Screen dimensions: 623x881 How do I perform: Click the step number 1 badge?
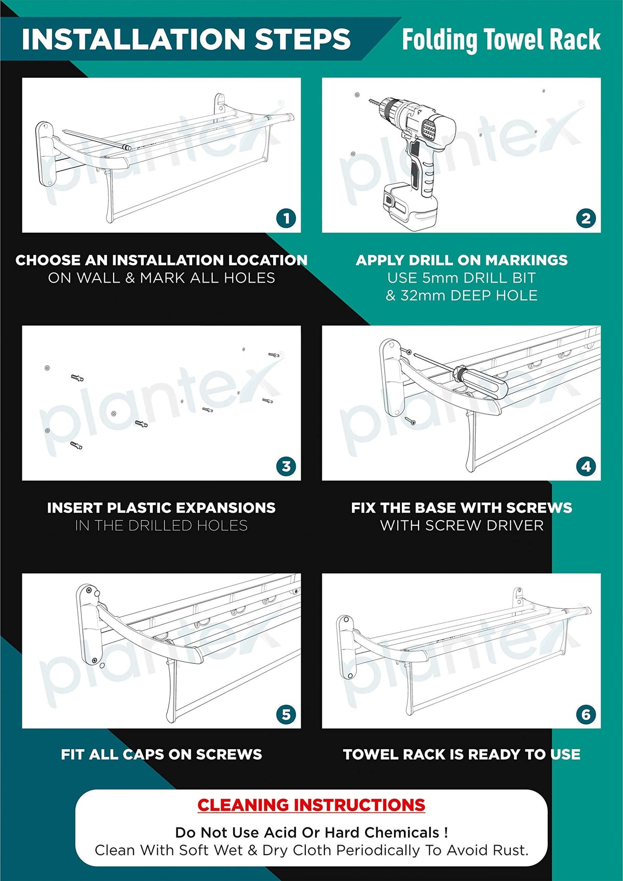(x=286, y=218)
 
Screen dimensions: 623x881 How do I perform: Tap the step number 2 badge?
(x=586, y=218)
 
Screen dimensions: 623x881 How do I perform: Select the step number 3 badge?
(x=286, y=466)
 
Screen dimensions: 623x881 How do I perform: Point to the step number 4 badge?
(x=586, y=466)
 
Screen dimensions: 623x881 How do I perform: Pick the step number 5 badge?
(x=286, y=714)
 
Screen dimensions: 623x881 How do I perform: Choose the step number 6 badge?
(x=586, y=714)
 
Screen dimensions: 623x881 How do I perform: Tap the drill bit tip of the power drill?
(x=370, y=101)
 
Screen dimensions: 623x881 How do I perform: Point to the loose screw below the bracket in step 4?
(x=410, y=421)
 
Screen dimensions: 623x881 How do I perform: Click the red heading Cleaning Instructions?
(x=311, y=805)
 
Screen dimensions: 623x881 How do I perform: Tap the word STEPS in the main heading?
(x=302, y=39)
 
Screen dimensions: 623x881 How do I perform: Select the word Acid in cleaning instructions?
(x=278, y=833)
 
